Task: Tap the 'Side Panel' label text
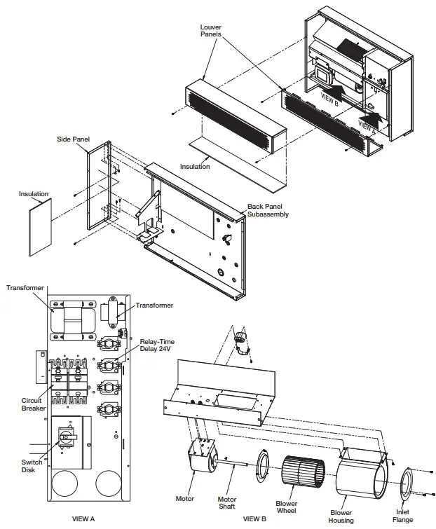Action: coord(73,139)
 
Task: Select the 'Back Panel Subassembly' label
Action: coord(268,211)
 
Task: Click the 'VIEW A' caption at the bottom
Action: coord(83,519)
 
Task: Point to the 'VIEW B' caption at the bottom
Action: coord(254,519)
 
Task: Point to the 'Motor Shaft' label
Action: coord(226,502)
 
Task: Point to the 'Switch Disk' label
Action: coord(32,465)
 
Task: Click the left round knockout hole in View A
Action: coord(65,486)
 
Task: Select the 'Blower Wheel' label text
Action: coord(286,507)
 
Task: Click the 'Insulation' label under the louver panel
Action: coord(195,167)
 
